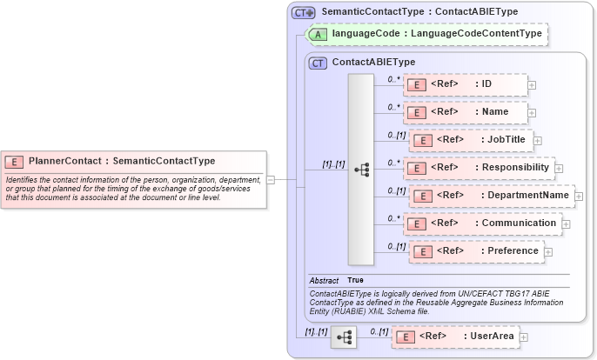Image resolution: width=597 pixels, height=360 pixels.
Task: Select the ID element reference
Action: click(466, 84)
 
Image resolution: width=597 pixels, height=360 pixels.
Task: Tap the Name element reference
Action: click(466, 112)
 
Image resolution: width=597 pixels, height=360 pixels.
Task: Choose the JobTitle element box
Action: click(471, 140)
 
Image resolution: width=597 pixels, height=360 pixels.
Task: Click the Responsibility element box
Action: click(479, 168)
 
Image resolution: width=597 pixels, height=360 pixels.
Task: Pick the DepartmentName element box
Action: click(492, 196)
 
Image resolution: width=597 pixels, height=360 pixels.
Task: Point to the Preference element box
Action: click(476, 251)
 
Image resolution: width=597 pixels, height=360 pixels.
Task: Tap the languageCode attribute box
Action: click(426, 34)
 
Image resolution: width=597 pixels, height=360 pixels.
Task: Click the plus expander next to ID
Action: click(532, 85)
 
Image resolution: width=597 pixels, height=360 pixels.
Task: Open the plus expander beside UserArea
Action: click(524, 337)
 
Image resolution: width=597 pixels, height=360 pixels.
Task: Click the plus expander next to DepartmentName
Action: click(579, 197)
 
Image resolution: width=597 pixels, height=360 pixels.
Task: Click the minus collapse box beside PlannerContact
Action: click(271, 180)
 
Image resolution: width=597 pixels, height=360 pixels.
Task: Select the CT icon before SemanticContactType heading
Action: click(302, 12)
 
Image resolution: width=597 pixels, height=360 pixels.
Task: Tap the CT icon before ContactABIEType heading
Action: click(319, 63)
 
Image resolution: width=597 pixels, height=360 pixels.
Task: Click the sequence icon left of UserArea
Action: click(344, 337)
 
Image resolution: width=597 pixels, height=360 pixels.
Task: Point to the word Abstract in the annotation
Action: click(324, 281)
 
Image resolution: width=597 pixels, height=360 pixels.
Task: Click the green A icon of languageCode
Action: click(319, 34)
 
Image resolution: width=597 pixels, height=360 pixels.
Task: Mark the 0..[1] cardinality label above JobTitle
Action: click(397, 135)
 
